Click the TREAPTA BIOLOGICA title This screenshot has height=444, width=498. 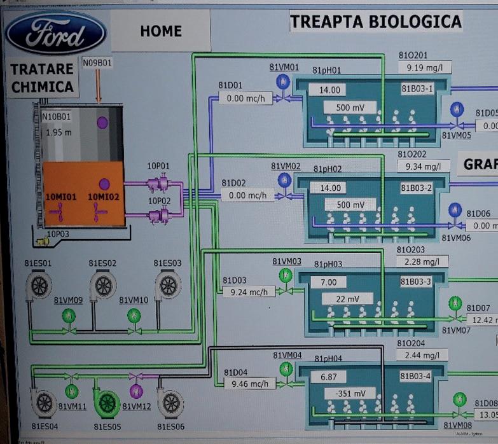tap(375, 22)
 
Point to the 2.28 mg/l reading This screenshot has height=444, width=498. tap(423, 261)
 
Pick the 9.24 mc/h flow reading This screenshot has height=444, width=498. tap(249, 292)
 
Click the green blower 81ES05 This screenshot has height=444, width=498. tap(107, 401)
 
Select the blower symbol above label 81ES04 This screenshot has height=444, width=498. tap(43, 401)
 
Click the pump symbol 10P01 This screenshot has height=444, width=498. tap(157, 184)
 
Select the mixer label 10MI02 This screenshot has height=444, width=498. tap(104, 197)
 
